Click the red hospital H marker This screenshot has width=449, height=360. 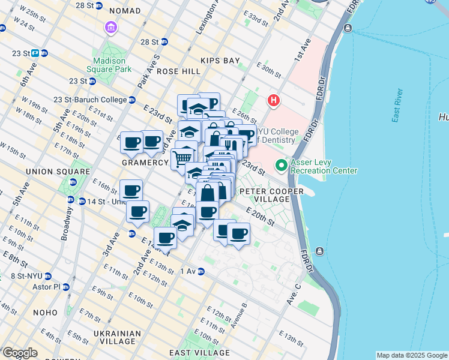(x=274, y=100)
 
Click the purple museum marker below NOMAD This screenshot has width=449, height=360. (x=110, y=28)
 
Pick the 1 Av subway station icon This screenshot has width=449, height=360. (x=201, y=271)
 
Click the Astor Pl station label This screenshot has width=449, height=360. (x=48, y=287)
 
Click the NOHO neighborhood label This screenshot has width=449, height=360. (x=46, y=313)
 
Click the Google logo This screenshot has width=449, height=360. (x=20, y=353)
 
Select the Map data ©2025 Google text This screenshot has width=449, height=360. (x=411, y=355)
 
